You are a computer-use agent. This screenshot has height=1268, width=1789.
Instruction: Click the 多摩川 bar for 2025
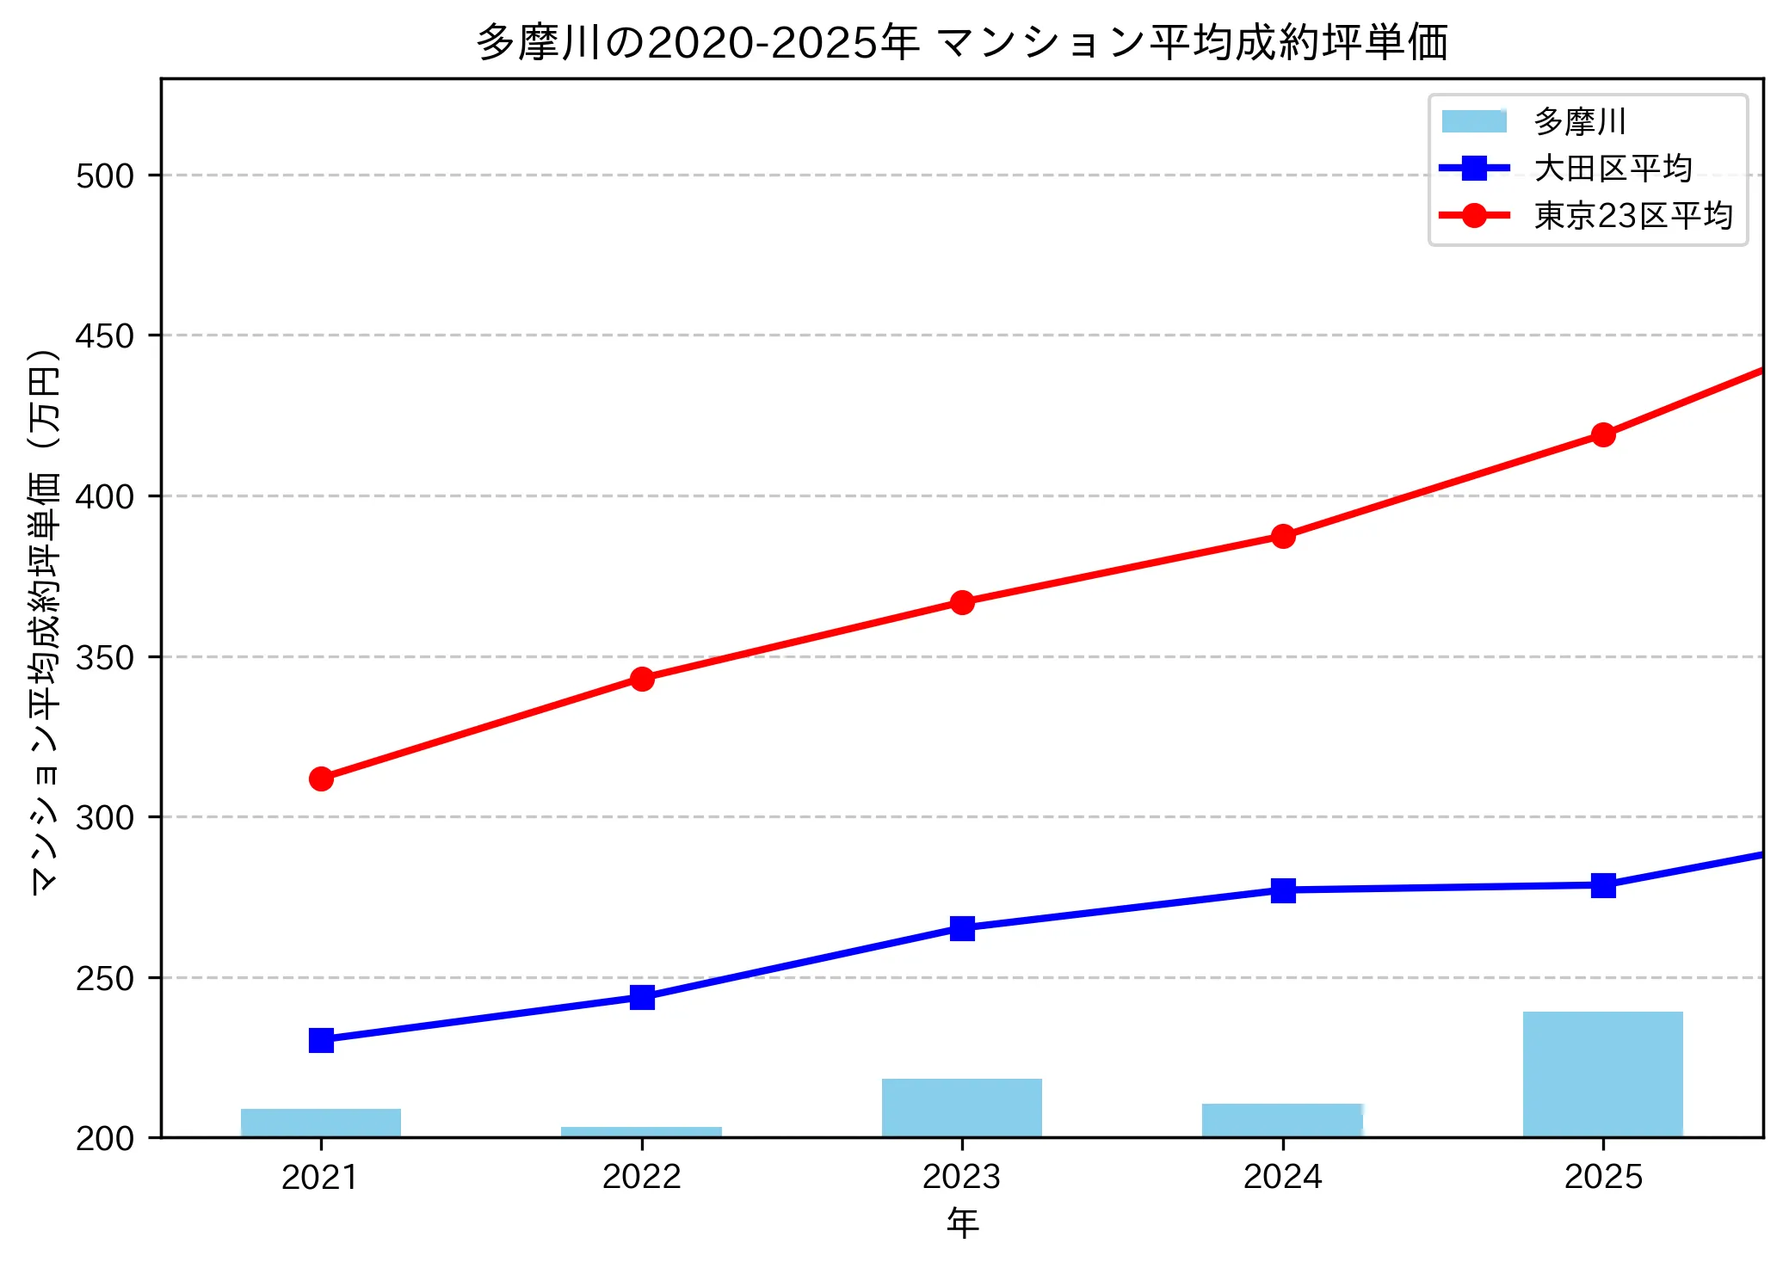tap(1602, 1074)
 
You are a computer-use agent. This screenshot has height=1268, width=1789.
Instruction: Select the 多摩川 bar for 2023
tap(961, 1108)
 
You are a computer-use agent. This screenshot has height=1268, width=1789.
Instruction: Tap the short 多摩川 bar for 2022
tap(641, 1132)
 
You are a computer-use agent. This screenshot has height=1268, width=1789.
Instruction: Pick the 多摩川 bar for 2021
tap(321, 1123)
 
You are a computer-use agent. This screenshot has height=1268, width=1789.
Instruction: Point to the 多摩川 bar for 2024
tap(1282, 1120)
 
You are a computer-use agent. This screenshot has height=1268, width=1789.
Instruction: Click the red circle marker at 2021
tap(321, 779)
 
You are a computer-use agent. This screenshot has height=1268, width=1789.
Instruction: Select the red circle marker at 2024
tap(1283, 536)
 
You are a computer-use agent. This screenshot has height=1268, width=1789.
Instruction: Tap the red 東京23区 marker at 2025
tap(1603, 434)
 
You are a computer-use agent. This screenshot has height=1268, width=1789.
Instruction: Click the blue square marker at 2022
tap(642, 997)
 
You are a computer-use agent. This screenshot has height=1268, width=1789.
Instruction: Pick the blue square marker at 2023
tap(962, 928)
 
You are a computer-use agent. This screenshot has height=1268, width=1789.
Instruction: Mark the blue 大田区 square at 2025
tap(1603, 885)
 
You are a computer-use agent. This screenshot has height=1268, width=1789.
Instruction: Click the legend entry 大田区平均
tap(1613, 169)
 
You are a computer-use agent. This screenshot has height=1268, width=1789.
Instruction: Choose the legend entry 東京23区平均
tap(1632, 216)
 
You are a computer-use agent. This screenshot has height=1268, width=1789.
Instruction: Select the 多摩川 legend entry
tap(1579, 121)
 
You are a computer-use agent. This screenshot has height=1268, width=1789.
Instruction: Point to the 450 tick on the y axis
tap(105, 336)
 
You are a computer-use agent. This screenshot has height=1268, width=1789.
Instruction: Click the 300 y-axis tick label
tap(105, 818)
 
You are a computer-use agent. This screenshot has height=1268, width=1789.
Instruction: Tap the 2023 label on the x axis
tap(961, 1177)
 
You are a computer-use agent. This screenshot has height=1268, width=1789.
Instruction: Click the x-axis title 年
tap(962, 1222)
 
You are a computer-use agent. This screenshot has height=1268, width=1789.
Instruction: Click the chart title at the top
tap(962, 41)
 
